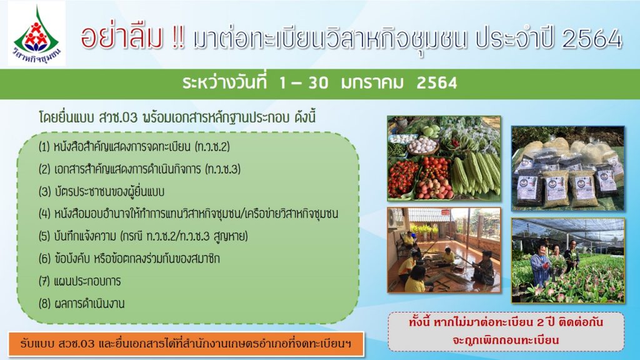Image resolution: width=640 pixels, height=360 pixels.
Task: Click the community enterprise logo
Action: coord(37,34)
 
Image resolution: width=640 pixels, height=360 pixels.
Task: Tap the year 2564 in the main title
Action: coord(592,38)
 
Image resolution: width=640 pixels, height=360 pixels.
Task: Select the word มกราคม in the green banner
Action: coord(372,83)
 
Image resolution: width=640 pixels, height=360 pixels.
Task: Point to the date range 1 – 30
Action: coord(304,83)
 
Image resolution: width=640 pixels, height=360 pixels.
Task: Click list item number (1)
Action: coord(134,146)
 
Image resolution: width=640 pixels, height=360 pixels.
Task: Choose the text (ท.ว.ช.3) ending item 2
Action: coord(223,169)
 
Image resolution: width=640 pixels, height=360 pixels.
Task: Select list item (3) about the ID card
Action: coord(102,191)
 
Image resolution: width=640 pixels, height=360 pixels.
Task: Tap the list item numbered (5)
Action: coord(143,236)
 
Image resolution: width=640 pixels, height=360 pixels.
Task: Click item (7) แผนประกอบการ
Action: coord(79,281)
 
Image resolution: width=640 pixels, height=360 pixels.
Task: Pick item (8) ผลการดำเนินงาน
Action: coord(81,303)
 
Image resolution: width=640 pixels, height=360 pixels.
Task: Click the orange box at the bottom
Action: coord(186,344)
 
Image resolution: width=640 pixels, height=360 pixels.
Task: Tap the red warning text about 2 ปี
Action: coord(506,331)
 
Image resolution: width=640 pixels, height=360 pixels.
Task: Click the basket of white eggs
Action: coord(422,145)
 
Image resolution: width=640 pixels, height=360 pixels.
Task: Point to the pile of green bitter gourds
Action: coord(476,171)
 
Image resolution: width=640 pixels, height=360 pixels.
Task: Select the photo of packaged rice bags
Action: coord(567,168)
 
